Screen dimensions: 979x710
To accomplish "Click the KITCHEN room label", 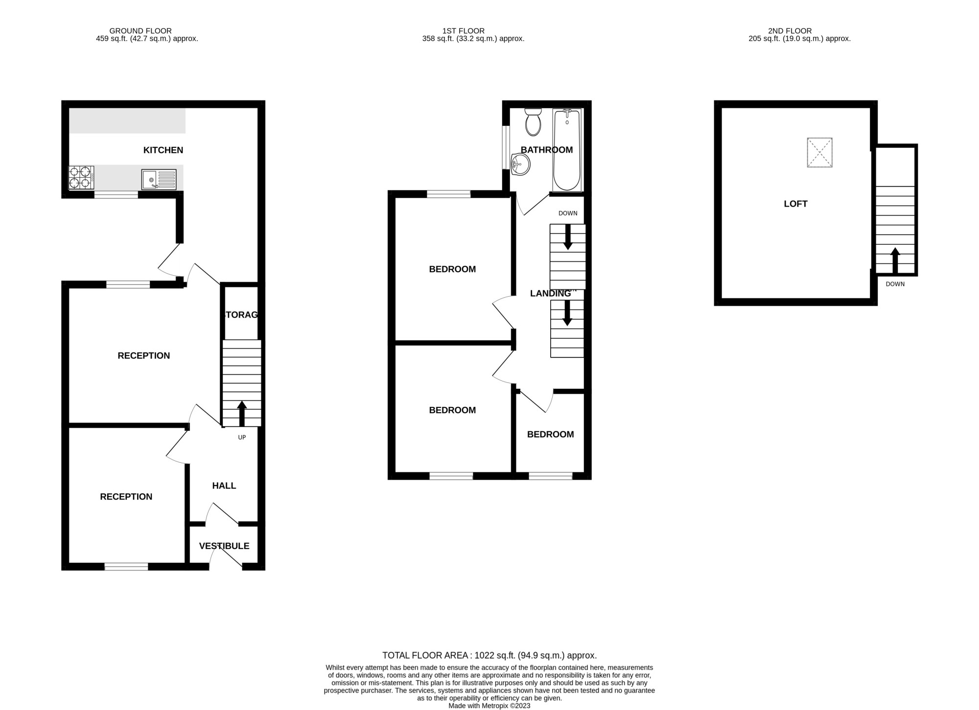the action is [163, 150].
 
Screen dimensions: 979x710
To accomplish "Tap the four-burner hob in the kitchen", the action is [81, 178].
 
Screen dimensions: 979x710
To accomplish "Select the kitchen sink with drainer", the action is [159, 179].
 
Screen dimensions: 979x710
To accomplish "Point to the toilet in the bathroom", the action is [533, 122].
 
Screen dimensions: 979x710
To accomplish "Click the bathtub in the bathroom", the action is [567, 150].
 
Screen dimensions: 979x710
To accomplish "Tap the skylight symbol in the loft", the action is [819, 152].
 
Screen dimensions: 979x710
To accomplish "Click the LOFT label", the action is [795, 204].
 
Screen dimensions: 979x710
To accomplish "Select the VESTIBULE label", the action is [224, 546].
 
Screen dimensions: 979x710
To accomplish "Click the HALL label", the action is [224, 486].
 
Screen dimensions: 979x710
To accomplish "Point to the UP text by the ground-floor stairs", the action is [242, 437].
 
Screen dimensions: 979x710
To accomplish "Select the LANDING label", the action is [551, 293].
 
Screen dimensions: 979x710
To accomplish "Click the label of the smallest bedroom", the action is [550, 434].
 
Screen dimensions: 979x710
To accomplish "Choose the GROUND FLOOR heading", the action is [140, 31].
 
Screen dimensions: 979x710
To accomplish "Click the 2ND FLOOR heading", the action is [790, 31].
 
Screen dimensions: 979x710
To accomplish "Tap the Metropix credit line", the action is [489, 706].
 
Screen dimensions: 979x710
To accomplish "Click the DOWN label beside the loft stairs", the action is [895, 284].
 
